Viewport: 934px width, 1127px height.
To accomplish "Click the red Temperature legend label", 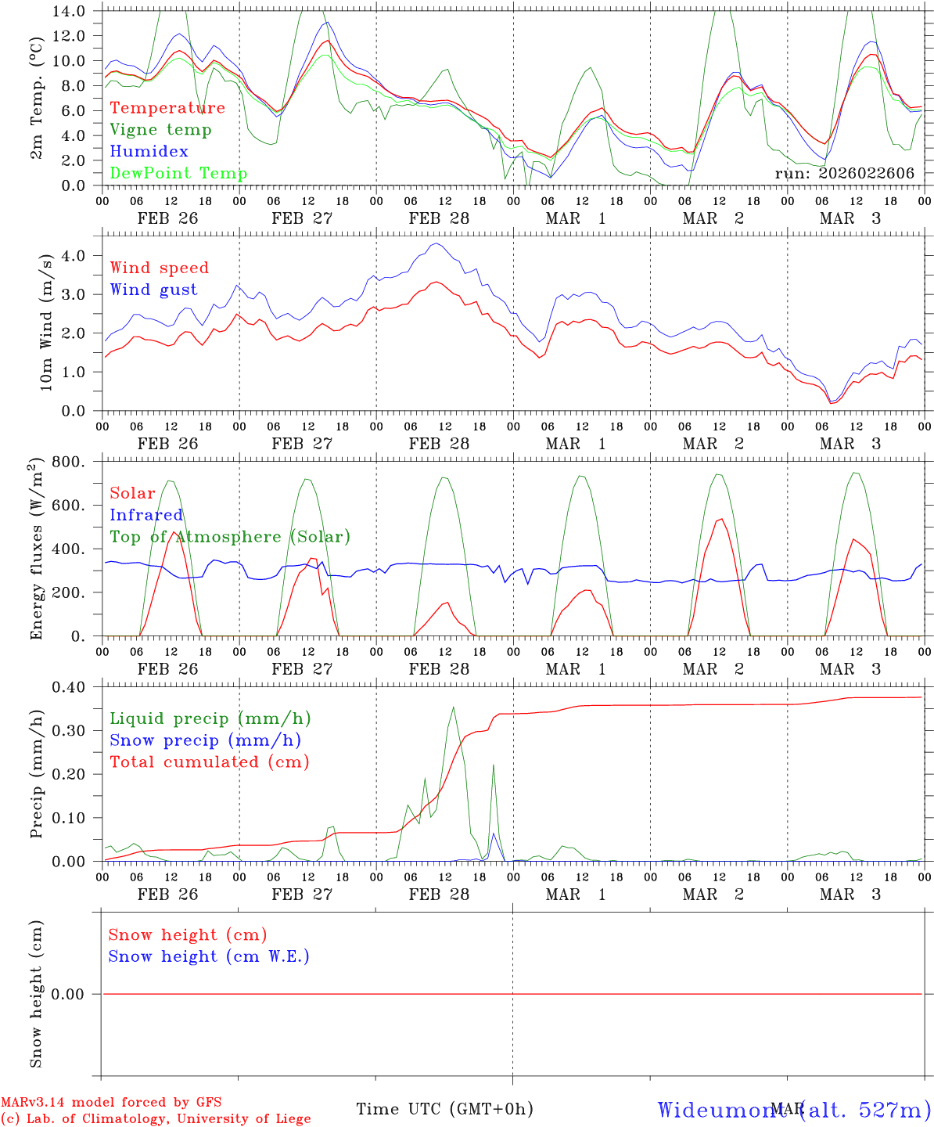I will click(167, 108).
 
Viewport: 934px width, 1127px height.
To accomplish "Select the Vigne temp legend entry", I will click(160, 130).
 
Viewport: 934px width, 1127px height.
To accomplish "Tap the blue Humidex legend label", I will click(149, 152).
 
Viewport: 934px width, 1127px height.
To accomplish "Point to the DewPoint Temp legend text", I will click(178, 174).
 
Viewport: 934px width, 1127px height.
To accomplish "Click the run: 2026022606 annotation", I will click(844, 174).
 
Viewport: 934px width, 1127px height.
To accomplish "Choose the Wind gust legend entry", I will click(153, 290).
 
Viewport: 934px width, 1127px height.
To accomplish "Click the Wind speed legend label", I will click(159, 268).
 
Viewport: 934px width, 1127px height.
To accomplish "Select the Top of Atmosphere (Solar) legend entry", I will click(229, 537).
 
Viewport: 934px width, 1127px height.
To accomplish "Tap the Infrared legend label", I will click(145, 515).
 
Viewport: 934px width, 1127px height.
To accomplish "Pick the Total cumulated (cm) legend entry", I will click(209, 762).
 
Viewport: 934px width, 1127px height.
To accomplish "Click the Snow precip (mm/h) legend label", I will click(205, 740).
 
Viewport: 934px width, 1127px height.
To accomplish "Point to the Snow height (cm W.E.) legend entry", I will click(208, 956).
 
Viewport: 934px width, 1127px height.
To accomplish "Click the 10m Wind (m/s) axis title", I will click(47, 322).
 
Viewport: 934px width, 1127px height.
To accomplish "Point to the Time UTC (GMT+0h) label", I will click(444, 1109).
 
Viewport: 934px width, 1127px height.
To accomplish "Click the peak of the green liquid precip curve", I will click(454, 708).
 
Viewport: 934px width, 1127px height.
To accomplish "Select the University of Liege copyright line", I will click(156, 1119).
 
